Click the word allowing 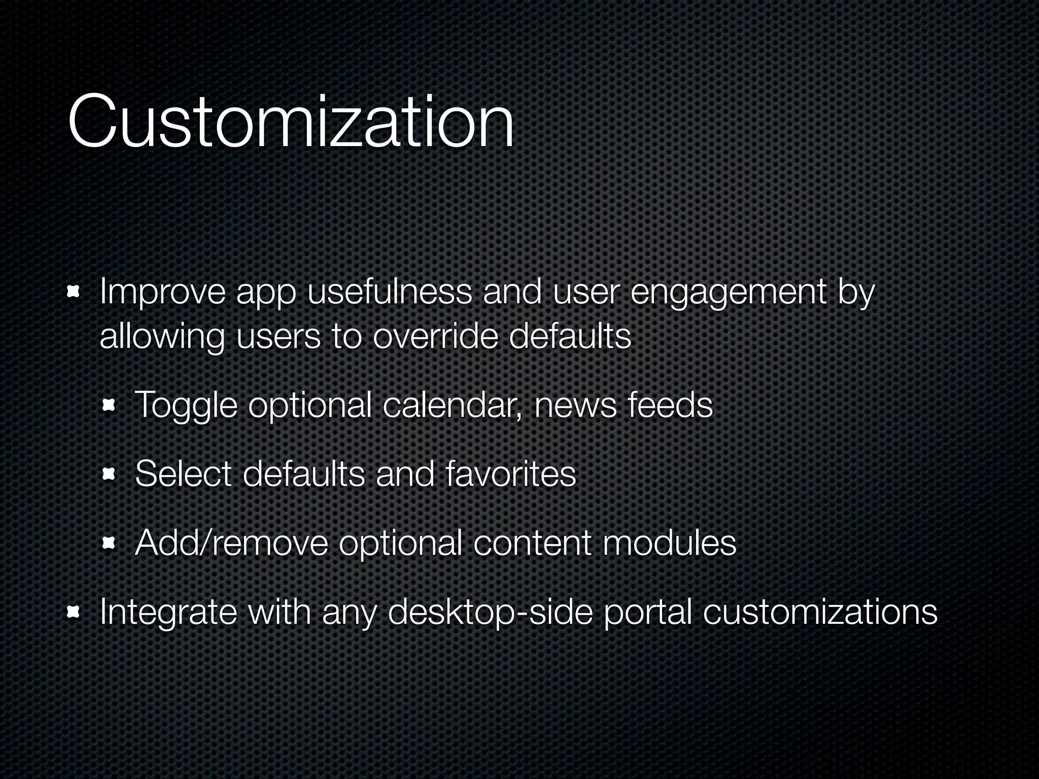pos(162,337)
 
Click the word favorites pos(510,474)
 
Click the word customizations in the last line pos(820,612)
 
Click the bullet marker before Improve pos(75,293)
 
